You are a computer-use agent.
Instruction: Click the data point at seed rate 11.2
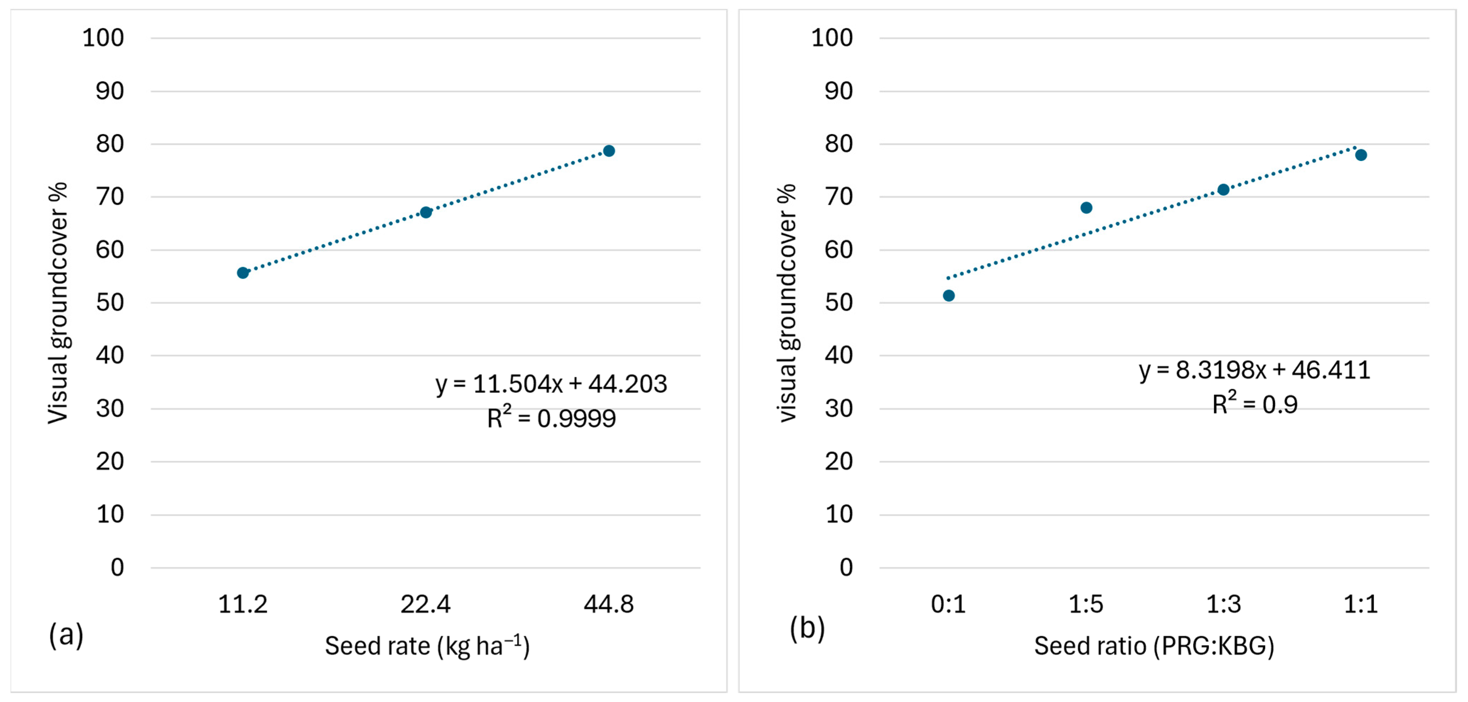[243, 273]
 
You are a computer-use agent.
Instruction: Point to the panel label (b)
[807, 628]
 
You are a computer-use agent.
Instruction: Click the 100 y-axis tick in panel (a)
[103, 38]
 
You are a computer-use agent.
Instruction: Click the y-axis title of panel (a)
[58, 303]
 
